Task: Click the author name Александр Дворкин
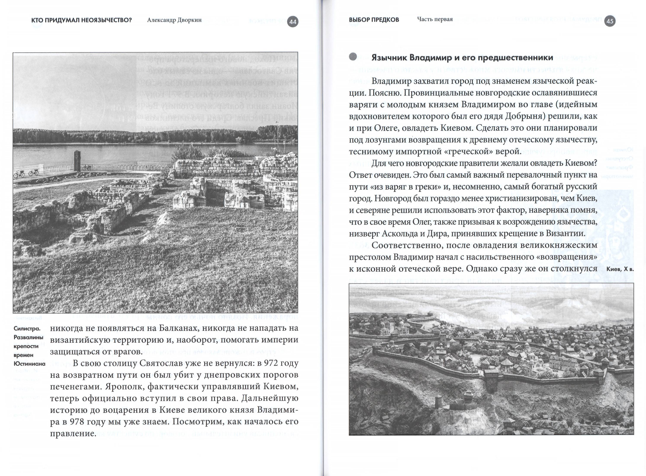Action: point(174,20)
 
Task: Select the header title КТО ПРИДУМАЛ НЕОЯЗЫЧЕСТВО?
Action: point(82,20)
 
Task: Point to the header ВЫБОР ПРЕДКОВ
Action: point(374,20)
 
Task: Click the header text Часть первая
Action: point(435,19)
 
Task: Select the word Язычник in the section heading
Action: point(389,58)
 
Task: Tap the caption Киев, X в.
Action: point(620,269)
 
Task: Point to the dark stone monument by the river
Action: point(77,161)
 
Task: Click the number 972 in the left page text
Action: point(266,363)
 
